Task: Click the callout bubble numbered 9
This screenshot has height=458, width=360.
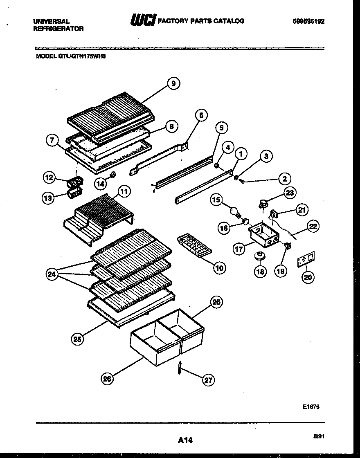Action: pos(173,83)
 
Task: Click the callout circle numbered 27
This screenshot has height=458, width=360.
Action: pos(209,380)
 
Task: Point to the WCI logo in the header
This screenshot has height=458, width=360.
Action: pos(143,21)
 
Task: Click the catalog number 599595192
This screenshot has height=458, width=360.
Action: pos(308,22)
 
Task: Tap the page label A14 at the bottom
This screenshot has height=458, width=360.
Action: pos(185,440)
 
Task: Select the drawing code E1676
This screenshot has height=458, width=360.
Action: pos(311,407)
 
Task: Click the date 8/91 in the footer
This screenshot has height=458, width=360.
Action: pos(318,437)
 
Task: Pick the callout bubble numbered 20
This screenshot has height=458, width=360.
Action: pos(308,277)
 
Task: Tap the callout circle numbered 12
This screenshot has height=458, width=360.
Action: pos(49,177)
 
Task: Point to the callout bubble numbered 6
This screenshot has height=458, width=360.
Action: pos(201,115)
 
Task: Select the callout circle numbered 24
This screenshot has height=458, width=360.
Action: pos(52,274)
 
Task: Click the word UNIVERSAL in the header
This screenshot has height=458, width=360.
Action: pos(51,21)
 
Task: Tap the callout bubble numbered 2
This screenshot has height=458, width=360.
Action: pos(285,178)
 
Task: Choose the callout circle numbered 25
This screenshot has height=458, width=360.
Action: pos(77,338)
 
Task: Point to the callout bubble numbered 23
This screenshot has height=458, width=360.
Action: pos(289,194)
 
